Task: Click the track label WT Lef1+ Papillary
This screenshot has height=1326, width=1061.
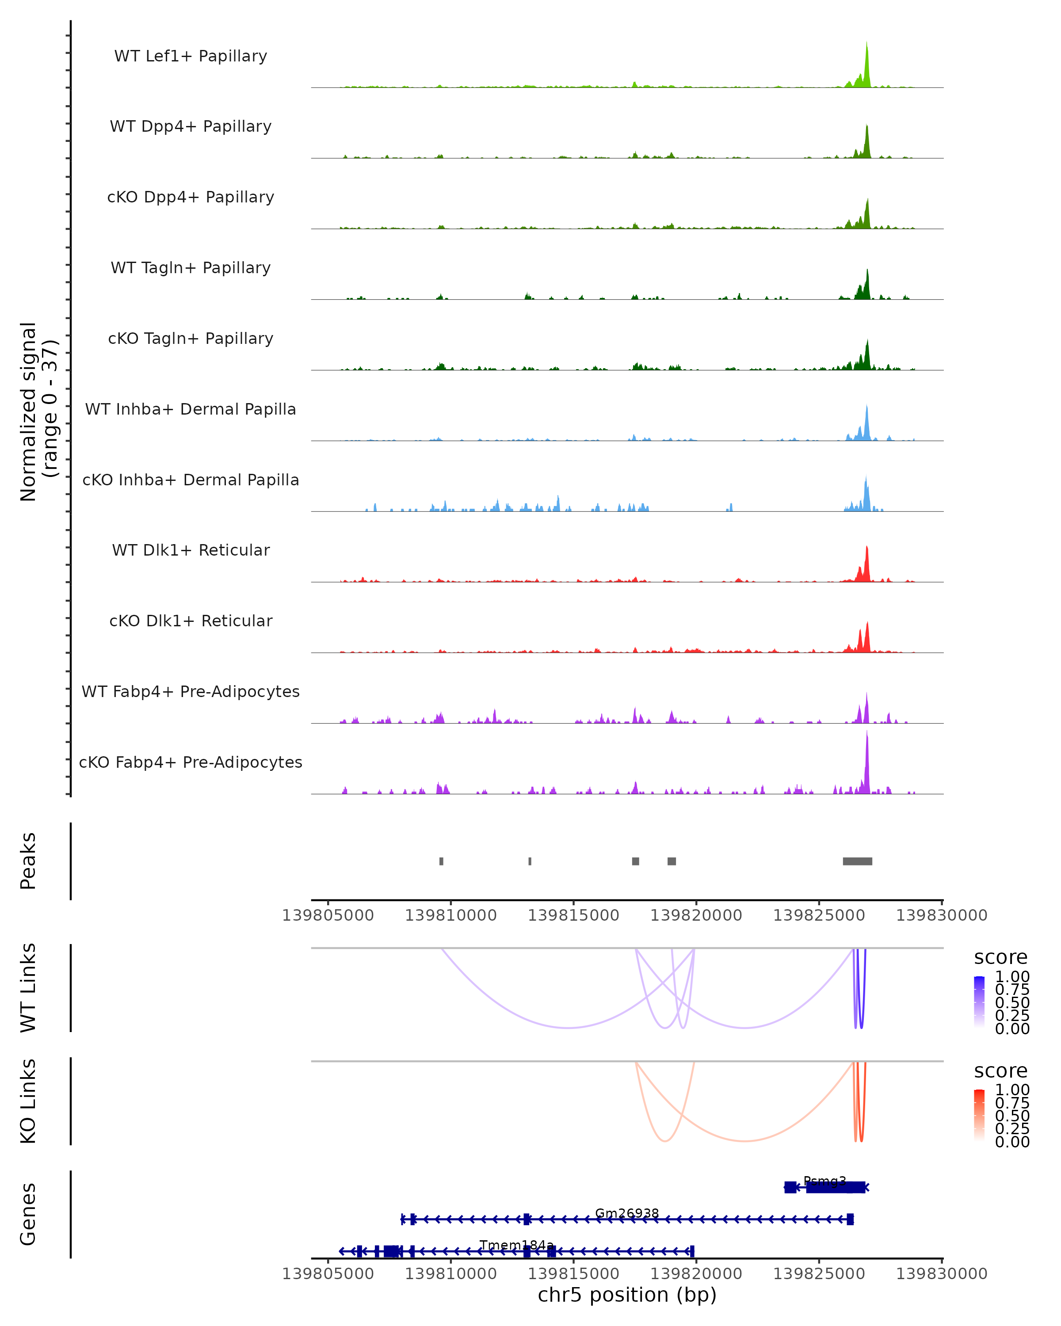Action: pyautogui.click(x=191, y=57)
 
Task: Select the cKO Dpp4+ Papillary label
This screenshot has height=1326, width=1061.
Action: pyautogui.click(x=191, y=198)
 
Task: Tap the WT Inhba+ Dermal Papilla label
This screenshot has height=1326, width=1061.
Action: pyautogui.click(x=191, y=410)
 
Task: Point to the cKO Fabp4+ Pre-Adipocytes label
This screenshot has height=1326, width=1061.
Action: pyautogui.click(x=191, y=762)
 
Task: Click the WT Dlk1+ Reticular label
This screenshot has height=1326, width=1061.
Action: pyautogui.click(x=191, y=550)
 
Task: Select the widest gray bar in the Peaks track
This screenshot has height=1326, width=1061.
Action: pyautogui.click(x=857, y=861)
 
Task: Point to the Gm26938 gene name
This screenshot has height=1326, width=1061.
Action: pyautogui.click(x=627, y=1213)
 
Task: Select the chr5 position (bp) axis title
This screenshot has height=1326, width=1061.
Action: pyautogui.click(x=627, y=1295)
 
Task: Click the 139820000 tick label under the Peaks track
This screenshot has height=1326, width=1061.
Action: pyautogui.click(x=696, y=916)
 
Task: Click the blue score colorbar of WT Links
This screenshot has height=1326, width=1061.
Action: pyautogui.click(x=979, y=1002)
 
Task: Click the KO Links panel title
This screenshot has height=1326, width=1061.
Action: pyautogui.click(x=28, y=1101)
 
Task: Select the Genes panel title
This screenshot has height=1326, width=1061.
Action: pyautogui.click(x=28, y=1214)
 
